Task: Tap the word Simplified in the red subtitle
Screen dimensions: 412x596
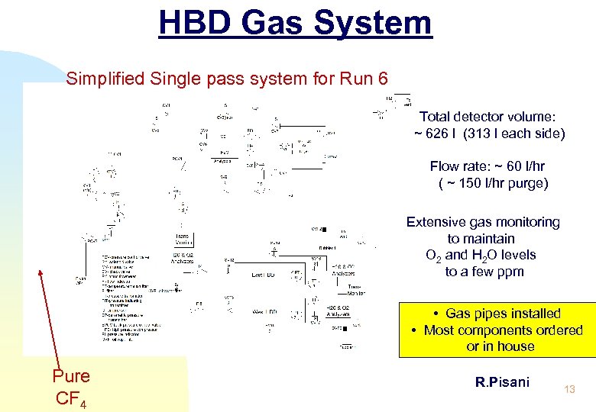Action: coord(102,79)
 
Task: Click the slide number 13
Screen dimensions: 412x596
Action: coord(568,390)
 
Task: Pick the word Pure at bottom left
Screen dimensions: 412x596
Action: coord(71,376)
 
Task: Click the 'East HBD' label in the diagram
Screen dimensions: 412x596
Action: coord(264,275)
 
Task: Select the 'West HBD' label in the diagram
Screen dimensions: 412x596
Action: coord(266,311)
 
